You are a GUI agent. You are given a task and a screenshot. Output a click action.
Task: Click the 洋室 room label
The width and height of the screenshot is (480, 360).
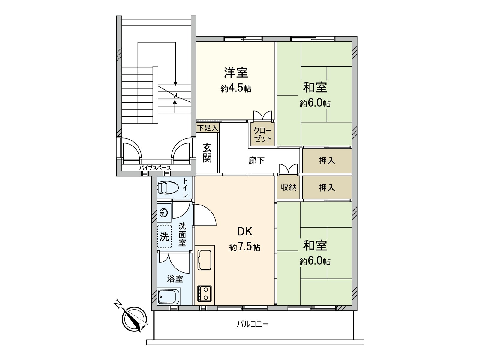click(x=236, y=73)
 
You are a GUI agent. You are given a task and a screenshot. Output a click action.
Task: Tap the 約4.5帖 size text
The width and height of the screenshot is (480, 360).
click(x=236, y=89)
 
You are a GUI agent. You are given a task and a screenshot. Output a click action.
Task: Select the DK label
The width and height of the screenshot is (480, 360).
click(x=244, y=232)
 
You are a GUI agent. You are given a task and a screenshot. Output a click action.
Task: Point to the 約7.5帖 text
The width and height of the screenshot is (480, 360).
click(x=244, y=247)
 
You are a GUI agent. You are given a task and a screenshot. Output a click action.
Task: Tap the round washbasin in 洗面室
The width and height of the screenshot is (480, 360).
click(x=164, y=213)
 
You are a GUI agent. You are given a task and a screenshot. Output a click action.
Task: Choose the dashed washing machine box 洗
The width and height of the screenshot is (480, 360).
click(x=164, y=237)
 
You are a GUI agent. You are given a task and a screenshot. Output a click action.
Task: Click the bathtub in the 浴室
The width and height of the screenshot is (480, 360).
click(x=169, y=297)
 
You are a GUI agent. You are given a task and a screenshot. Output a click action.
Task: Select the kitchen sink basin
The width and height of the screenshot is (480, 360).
click(x=205, y=260)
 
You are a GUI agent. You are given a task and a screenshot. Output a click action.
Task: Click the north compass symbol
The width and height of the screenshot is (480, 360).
click(x=135, y=319)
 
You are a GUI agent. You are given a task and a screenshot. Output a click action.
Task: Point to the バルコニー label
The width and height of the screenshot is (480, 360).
click(x=253, y=324)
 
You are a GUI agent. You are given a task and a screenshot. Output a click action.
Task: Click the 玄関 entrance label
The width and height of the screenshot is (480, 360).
click(x=207, y=153)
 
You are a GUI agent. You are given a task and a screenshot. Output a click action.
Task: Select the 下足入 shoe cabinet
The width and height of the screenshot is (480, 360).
click(x=208, y=127)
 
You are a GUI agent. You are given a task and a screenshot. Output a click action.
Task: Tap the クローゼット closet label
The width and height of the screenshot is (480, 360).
click(x=262, y=134)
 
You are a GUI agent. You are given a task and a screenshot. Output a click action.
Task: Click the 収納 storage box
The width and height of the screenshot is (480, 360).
click(x=288, y=187)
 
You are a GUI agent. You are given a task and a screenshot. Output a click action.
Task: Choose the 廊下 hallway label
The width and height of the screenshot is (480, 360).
click(x=256, y=160)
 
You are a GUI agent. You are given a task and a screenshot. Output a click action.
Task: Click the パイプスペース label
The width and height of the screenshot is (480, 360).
click(x=155, y=168)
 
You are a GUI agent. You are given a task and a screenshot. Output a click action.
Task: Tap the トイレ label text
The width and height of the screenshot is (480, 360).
click(x=186, y=187)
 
